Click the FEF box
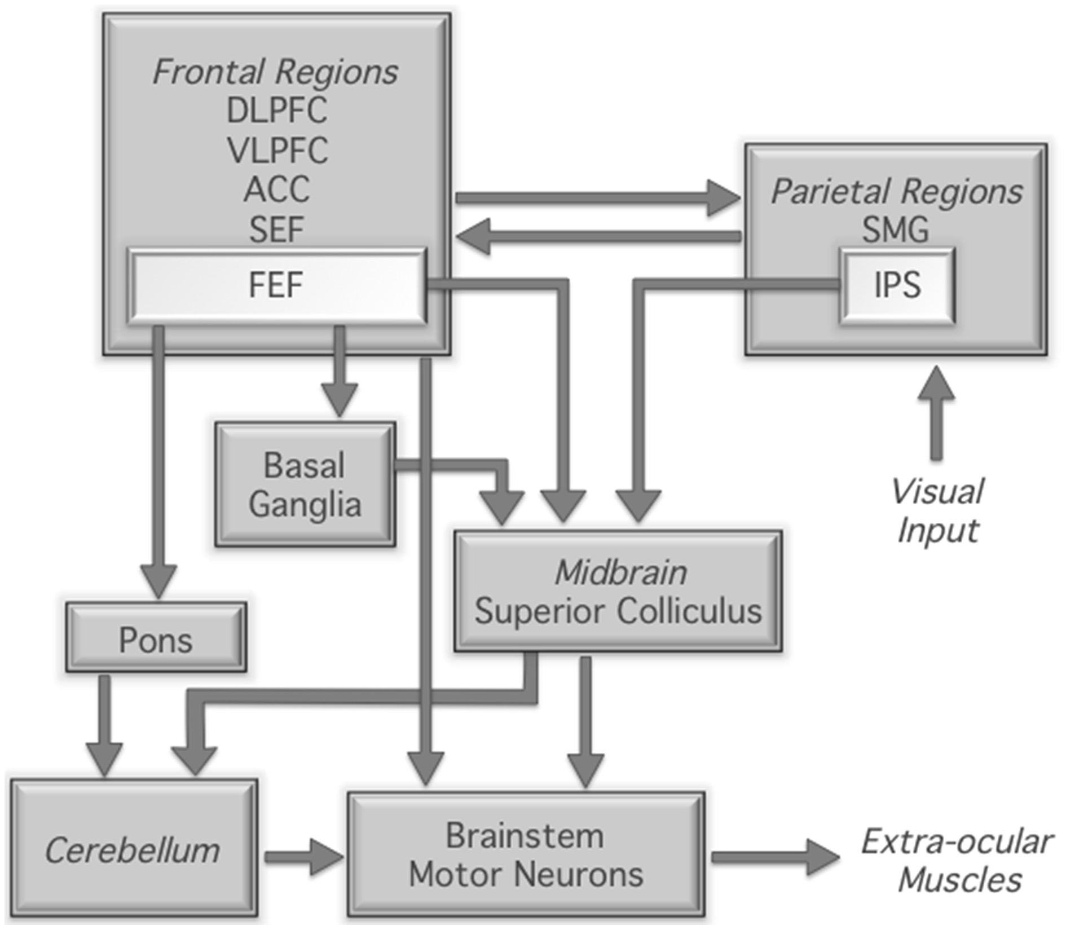(x=276, y=286)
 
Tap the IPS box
(x=897, y=286)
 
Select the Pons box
(x=156, y=637)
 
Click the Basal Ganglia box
(x=305, y=484)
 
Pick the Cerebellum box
(x=133, y=850)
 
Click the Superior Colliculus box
(x=618, y=592)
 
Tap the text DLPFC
(x=276, y=110)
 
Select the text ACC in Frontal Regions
(x=276, y=189)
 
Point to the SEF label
(x=276, y=230)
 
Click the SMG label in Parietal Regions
(x=895, y=230)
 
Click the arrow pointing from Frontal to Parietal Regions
(x=598, y=198)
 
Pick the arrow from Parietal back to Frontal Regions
(x=598, y=237)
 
